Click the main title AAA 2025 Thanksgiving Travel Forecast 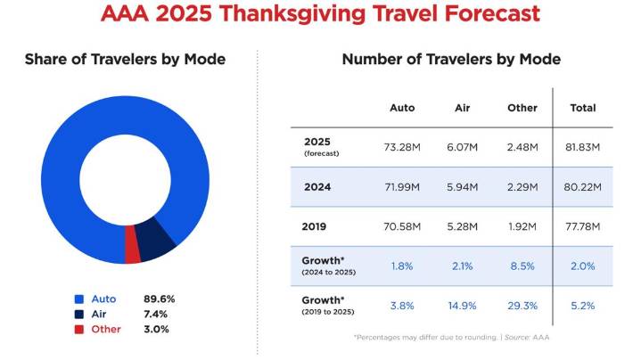coord(320,15)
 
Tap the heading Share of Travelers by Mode coord(125,60)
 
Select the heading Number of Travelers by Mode coord(451,60)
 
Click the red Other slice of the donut coord(133,255)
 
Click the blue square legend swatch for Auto coord(79,299)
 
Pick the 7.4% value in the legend coord(156,314)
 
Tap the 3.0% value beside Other coord(156,329)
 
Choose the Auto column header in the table coord(402,108)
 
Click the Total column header coord(582,108)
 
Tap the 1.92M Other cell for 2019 coord(522,227)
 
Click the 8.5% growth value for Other coord(522,266)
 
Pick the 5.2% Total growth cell coord(582,305)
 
